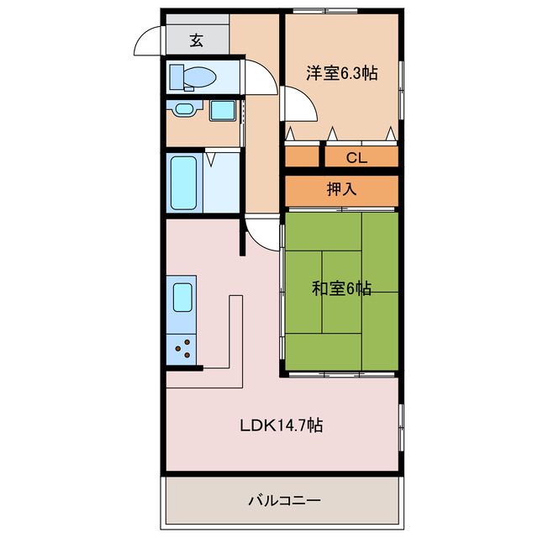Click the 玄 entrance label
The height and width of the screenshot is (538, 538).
(x=197, y=40)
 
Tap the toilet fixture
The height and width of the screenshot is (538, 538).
(x=194, y=78)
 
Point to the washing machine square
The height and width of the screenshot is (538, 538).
(x=222, y=110)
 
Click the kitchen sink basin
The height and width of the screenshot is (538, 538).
(x=182, y=297)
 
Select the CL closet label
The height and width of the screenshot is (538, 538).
(x=357, y=157)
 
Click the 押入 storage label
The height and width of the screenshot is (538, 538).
(x=342, y=189)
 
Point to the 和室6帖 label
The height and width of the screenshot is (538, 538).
(x=341, y=289)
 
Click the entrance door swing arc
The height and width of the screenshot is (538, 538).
(x=149, y=40)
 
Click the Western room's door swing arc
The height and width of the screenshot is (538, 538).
(x=298, y=108)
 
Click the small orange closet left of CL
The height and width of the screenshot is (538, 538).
(x=302, y=156)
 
